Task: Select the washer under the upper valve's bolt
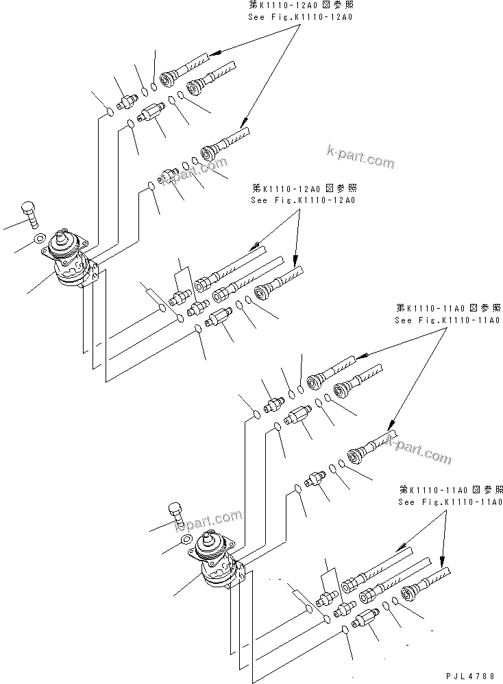(x=40, y=239)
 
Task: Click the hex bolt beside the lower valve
(x=175, y=514)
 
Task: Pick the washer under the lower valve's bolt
(x=184, y=539)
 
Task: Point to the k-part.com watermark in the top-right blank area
(x=361, y=157)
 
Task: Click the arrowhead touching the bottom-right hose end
(x=442, y=558)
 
